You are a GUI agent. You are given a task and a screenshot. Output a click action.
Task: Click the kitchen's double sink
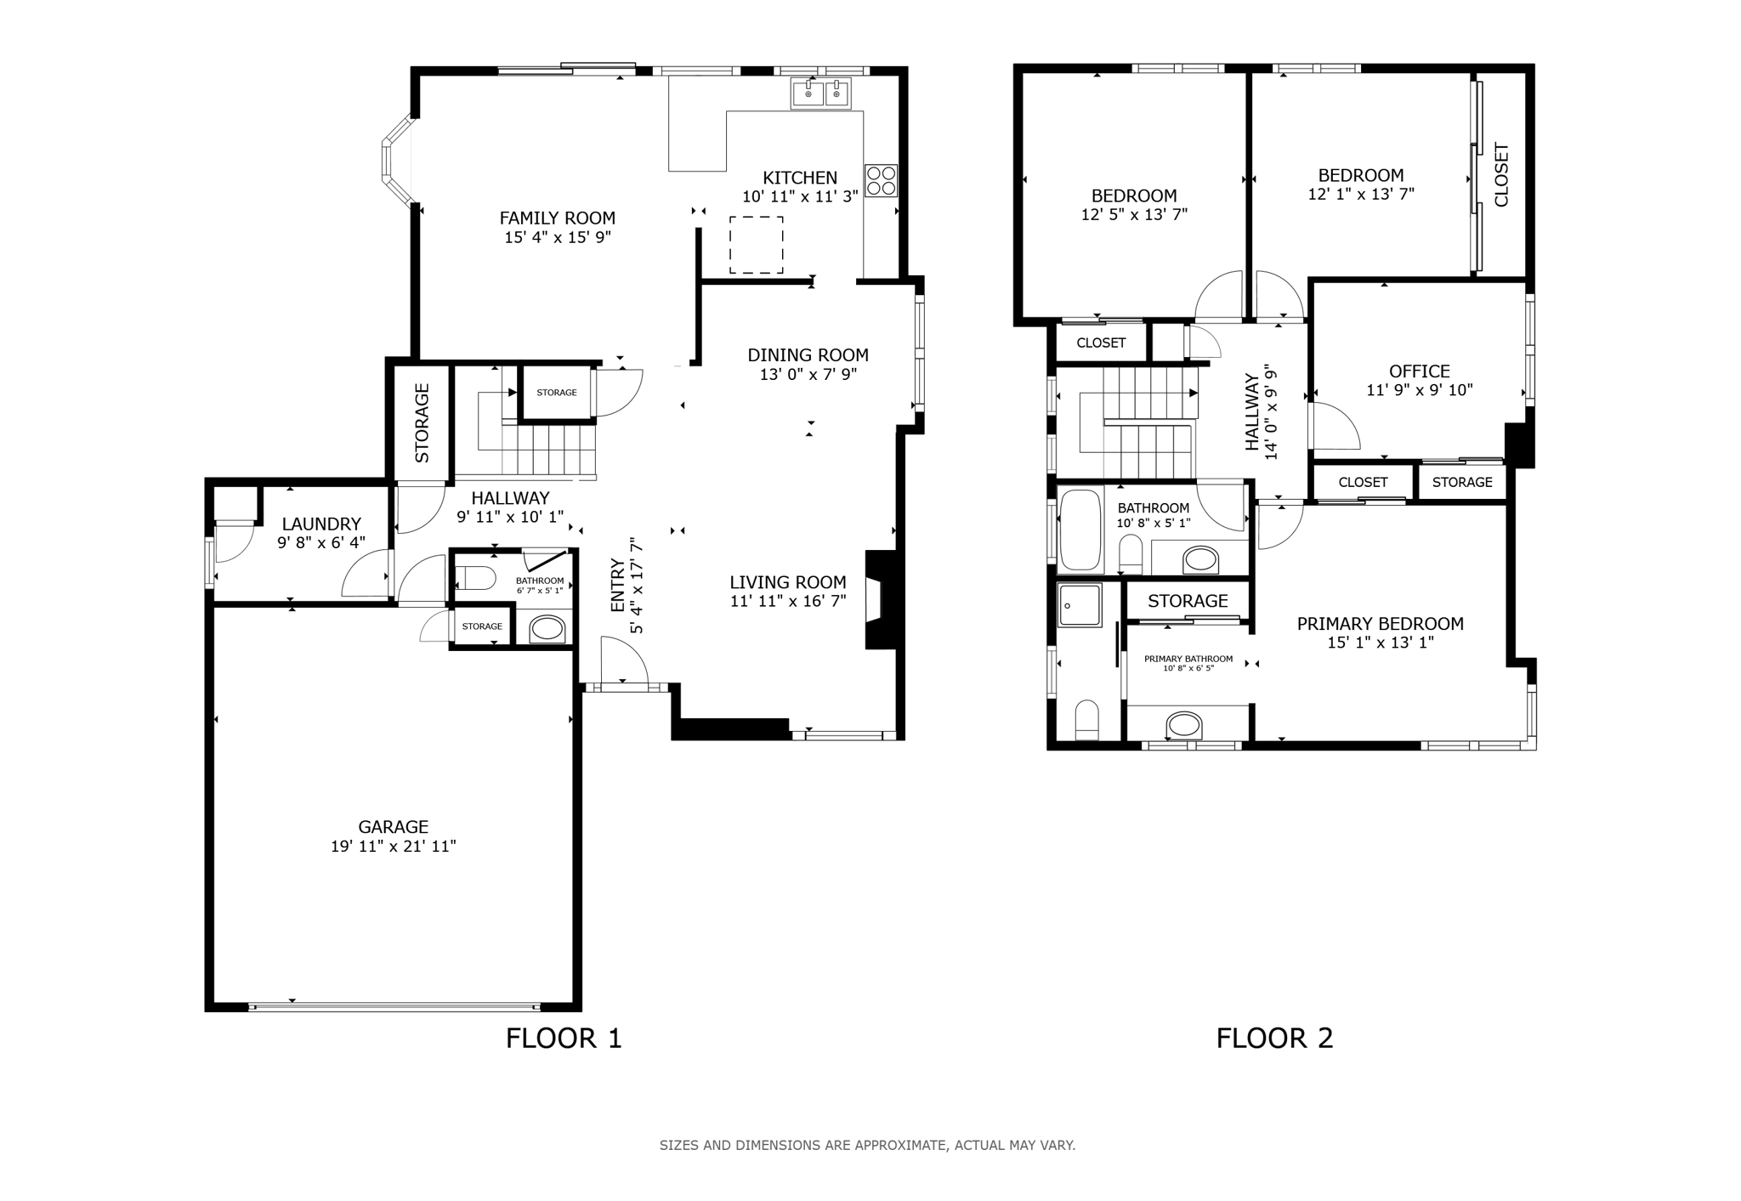(x=821, y=93)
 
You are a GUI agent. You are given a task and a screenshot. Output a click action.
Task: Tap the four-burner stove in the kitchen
(x=881, y=180)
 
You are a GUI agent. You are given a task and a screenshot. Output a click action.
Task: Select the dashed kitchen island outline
(x=757, y=245)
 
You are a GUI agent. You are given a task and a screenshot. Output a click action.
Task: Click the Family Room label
(x=557, y=218)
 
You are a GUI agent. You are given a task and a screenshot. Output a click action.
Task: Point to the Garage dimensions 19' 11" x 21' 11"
(x=394, y=846)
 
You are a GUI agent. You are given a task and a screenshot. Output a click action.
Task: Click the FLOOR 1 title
(x=564, y=1038)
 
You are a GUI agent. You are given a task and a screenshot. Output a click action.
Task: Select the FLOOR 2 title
(x=1274, y=1038)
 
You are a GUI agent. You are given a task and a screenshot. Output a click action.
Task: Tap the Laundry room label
(x=321, y=524)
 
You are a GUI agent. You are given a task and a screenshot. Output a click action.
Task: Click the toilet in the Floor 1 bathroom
(x=475, y=578)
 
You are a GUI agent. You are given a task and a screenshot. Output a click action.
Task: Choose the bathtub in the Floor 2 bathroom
(x=1080, y=530)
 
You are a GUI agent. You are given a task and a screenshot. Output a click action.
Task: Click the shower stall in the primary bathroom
(x=1080, y=605)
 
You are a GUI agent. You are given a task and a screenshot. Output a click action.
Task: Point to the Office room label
(x=1419, y=371)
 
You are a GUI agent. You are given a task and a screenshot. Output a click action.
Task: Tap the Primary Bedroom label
(x=1381, y=624)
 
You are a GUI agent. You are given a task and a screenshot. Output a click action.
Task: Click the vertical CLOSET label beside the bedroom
(x=1501, y=174)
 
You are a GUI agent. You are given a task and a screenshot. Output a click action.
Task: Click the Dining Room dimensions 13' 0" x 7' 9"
(x=808, y=374)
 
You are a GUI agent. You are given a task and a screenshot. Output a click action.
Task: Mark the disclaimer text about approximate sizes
(x=868, y=1145)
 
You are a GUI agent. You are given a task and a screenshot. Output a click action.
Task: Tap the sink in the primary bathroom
(x=1185, y=726)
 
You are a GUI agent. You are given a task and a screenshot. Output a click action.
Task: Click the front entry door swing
(x=624, y=660)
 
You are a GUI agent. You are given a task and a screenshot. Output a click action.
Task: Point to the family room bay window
(x=398, y=161)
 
